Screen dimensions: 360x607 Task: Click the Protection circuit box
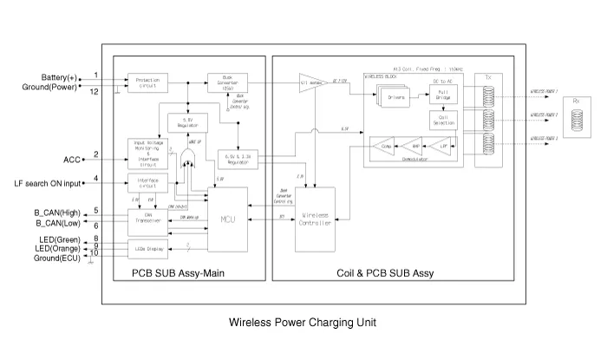(x=147, y=82)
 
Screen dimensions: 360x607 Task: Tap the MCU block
(x=227, y=219)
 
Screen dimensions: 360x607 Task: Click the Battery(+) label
(x=58, y=76)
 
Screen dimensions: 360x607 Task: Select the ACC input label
(x=71, y=160)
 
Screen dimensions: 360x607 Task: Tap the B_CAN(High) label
(x=56, y=212)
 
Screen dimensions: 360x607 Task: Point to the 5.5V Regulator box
(x=187, y=121)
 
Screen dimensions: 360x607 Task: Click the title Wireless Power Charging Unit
(x=303, y=322)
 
